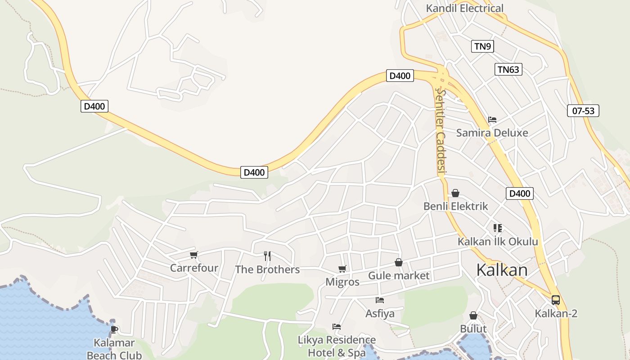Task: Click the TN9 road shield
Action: [482, 46]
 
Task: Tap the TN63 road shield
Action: [508, 69]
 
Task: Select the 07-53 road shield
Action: [583, 111]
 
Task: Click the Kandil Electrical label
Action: [464, 8]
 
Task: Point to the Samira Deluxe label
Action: [492, 133]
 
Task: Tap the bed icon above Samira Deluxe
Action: [492, 120]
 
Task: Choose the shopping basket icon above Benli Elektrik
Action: [455, 193]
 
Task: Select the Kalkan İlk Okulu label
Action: [498, 242]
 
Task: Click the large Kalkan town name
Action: [502, 270]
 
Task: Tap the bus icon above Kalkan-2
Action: [556, 300]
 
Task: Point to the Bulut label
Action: [473, 329]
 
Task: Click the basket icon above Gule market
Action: [399, 262]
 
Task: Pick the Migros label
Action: [342, 282]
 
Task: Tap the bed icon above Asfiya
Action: [380, 300]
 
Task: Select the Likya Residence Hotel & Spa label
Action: [337, 346]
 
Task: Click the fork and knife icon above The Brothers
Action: [267, 256]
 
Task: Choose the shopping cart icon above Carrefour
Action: [194, 255]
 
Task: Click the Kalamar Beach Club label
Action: [114, 349]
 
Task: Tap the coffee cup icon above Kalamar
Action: [114, 329]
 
